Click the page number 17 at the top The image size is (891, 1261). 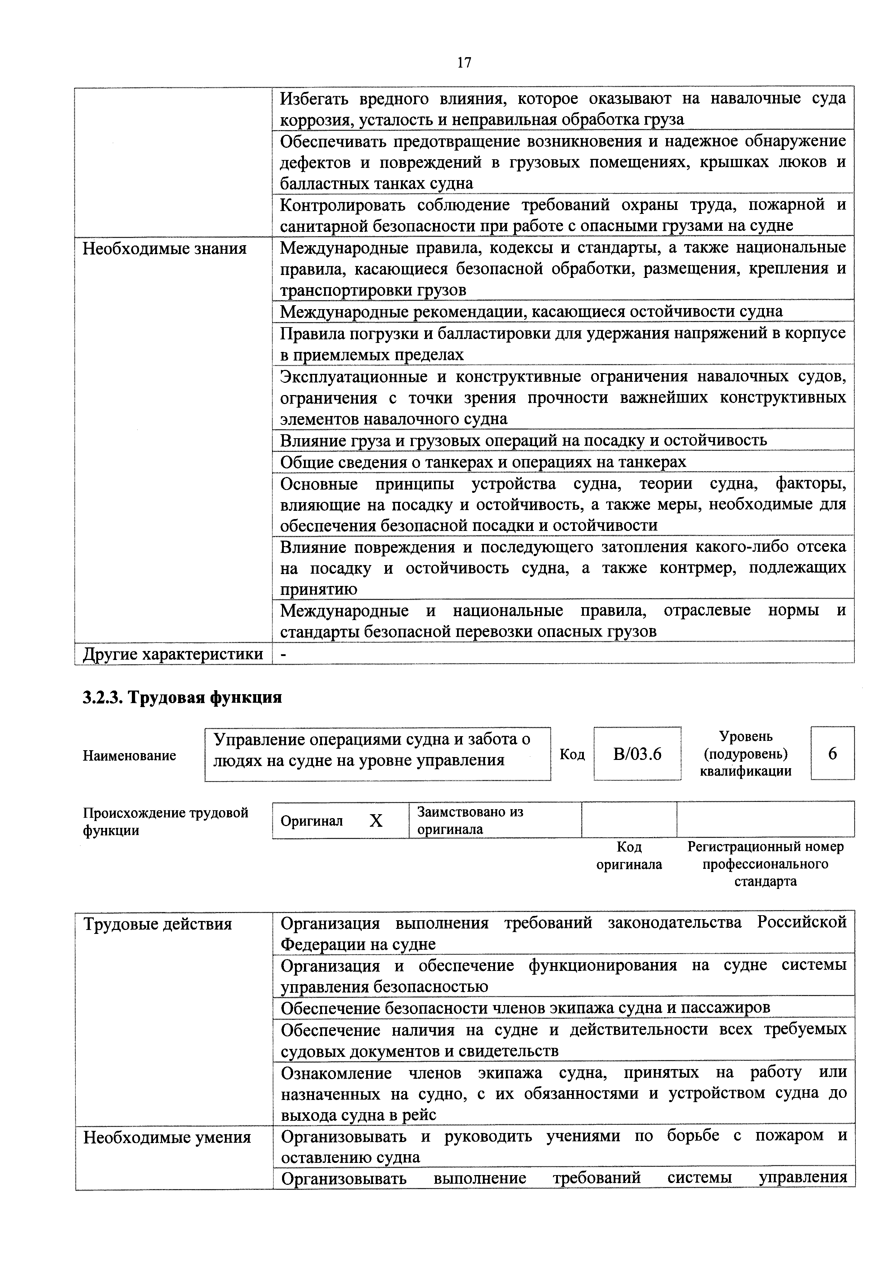click(464, 63)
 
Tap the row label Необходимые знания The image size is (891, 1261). click(165, 249)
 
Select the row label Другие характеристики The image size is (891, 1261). click(173, 654)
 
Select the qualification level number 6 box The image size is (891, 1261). click(832, 753)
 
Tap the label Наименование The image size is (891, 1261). click(130, 756)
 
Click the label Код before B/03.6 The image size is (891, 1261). click(572, 755)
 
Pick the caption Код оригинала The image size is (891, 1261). click(629, 856)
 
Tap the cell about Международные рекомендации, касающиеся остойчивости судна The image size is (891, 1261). click(531, 311)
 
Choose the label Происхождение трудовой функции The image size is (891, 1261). click(165, 821)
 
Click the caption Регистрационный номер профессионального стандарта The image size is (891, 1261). click(765, 864)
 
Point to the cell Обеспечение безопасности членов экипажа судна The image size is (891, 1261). click(525, 1008)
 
